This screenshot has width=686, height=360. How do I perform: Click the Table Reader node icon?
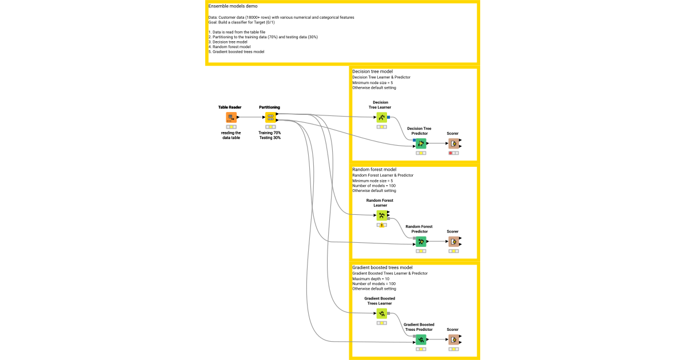pos(231,117)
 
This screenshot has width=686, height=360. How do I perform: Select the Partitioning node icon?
pos(270,117)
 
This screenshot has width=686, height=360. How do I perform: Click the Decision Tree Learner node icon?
pos(381,117)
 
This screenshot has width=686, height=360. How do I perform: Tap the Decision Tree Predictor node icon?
pos(421,143)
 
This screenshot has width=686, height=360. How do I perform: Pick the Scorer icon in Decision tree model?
pos(453,143)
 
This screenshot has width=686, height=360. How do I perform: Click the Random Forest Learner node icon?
pos(381,215)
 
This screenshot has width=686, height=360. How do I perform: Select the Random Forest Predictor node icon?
pos(421,241)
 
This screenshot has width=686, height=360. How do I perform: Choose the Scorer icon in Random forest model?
pos(453,241)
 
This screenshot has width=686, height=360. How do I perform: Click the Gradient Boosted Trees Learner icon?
pos(381,313)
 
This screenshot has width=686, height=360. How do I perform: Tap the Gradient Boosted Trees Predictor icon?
pos(421,340)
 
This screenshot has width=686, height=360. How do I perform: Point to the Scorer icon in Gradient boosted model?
pos(453,340)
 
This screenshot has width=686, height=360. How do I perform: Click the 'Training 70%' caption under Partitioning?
pos(270,133)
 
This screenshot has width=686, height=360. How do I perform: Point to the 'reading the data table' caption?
pos(231,135)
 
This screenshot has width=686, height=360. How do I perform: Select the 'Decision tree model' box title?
pos(372,71)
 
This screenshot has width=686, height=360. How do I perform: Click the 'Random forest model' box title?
pos(374,170)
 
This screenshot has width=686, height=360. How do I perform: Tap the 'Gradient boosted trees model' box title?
pos(382,267)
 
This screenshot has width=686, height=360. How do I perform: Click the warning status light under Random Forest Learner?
pos(381,225)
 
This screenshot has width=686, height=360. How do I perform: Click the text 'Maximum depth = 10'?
pos(371,279)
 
